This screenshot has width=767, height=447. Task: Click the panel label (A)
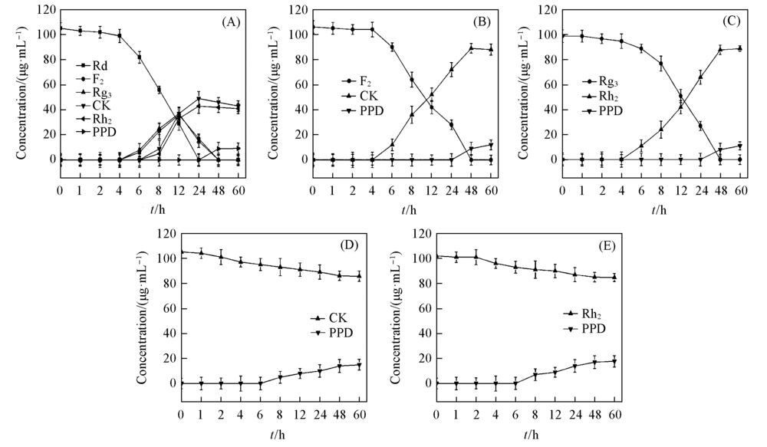pyautogui.click(x=232, y=21)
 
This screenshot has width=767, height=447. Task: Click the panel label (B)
pyautogui.click(x=482, y=21)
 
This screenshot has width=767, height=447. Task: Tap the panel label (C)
pyautogui.click(x=732, y=21)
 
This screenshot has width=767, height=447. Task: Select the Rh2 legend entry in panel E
pyautogui.click(x=589, y=314)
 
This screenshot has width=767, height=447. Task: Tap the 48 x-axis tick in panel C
pyautogui.click(x=720, y=190)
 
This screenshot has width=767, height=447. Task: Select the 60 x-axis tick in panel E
pyautogui.click(x=615, y=414)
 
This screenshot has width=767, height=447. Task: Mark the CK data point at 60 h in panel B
pyautogui.click(x=490, y=49)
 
